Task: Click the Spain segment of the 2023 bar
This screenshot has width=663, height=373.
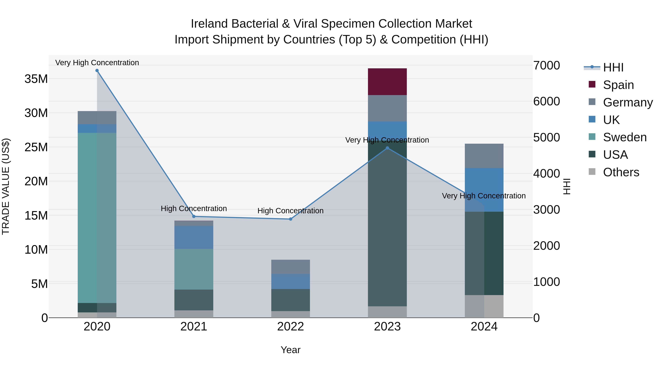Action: click(x=387, y=82)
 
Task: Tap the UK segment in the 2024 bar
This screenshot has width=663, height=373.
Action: click(x=484, y=190)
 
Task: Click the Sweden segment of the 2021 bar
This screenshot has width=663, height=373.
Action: click(x=194, y=269)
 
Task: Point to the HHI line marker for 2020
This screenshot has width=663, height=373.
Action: click(x=97, y=71)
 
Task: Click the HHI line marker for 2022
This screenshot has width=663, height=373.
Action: click(x=291, y=219)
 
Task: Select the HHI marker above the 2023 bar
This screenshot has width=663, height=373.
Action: click(x=387, y=148)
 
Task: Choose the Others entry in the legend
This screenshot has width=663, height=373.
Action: click(x=621, y=172)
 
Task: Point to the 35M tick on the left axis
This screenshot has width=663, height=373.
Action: click(x=36, y=79)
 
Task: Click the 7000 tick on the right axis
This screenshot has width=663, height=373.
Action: click(x=546, y=65)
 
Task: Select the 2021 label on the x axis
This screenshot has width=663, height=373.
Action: click(x=194, y=327)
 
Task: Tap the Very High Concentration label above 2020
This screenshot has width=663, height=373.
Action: click(x=97, y=63)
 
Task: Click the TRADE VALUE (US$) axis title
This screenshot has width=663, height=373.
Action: click(x=6, y=186)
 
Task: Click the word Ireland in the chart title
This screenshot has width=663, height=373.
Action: click(x=209, y=24)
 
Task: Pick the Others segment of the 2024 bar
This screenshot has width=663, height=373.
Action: click(x=484, y=306)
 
